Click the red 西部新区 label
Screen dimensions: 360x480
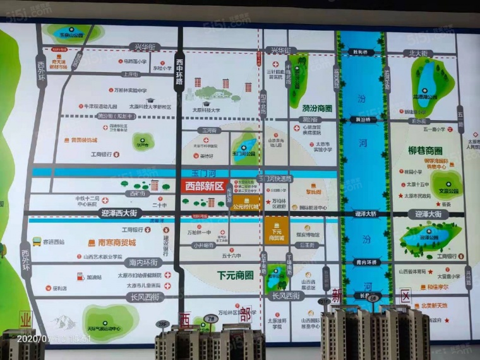(204, 186)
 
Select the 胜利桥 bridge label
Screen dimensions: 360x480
(361, 52)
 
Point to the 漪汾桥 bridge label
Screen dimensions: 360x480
(362, 119)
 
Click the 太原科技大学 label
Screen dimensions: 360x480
(206, 109)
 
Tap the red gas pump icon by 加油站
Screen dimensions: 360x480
(81, 276)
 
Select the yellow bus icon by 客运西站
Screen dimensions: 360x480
(37, 241)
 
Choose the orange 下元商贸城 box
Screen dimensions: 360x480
(277, 228)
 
